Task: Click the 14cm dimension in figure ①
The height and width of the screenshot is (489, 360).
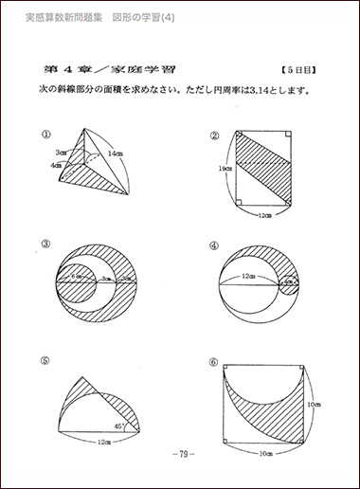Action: coord(116,151)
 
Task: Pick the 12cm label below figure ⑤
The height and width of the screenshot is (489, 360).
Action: coord(97,442)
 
